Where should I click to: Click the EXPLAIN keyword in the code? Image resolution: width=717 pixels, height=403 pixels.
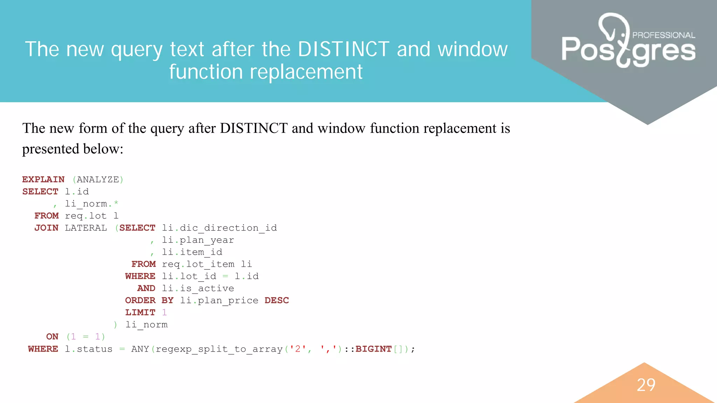point(43,179)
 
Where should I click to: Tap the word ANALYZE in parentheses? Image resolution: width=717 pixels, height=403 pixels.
point(98,179)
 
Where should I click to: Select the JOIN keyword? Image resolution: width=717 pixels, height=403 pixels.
point(46,228)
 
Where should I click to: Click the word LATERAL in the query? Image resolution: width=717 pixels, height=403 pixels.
point(86,228)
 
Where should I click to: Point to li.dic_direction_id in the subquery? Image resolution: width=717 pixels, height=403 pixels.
point(219,228)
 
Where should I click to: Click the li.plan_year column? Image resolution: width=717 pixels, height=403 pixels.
point(198,240)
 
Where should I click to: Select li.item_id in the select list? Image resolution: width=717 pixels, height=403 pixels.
point(192,252)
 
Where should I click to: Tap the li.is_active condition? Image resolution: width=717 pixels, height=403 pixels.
point(198,288)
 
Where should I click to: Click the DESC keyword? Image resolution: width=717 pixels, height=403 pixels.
point(277,301)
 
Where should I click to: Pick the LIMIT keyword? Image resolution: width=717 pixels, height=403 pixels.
point(140,312)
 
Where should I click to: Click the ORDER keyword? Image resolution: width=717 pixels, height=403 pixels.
point(140,301)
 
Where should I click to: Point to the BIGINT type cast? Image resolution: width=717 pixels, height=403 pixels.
point(373,349)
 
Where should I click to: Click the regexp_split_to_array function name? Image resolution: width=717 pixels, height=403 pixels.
point(219,349)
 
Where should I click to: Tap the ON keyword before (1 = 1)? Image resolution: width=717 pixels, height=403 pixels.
point(52,337)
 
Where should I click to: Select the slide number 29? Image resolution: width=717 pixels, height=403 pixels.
point(646,385)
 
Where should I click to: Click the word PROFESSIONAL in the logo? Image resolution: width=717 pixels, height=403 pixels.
point(664,35)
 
